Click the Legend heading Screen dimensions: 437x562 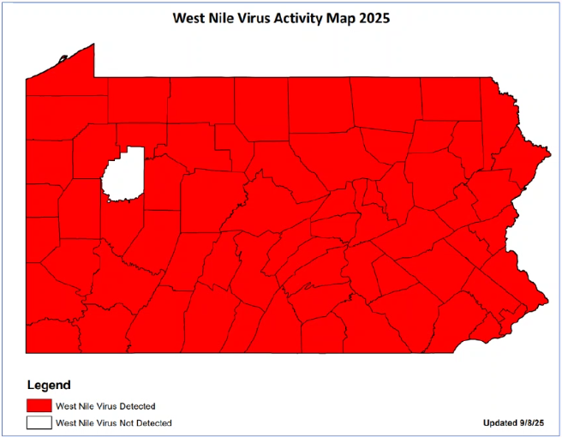49,386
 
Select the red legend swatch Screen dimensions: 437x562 38,405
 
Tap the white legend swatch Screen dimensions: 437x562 38,422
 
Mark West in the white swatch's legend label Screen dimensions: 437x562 65,422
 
